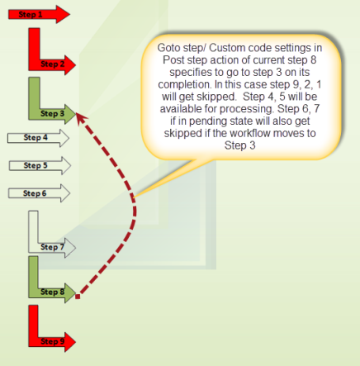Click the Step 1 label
[x=31, y=14]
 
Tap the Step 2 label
[x=53, y=64]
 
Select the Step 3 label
[x=52, y=113]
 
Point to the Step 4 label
[x=36, y=137]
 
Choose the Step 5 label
[x=36, y=165]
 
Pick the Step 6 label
[x=35, y=193]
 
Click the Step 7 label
[x=52, y=247]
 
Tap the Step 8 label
[x=52, y=292]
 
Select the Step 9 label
[x=52, y=341]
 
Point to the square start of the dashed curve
[x=78, y=297]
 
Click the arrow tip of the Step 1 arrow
[x=69, y=14]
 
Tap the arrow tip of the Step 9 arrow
[x=75, y=342]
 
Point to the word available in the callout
[x=181, y=109]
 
